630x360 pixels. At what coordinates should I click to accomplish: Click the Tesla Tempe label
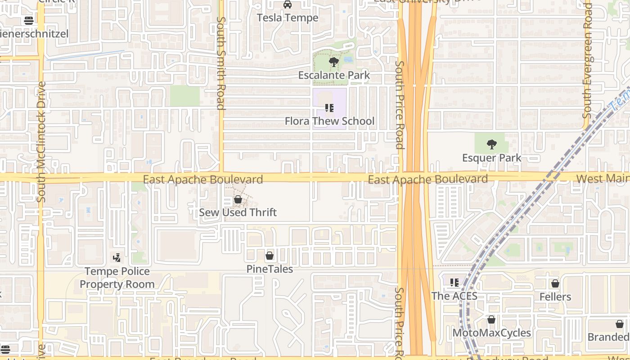point(288,18)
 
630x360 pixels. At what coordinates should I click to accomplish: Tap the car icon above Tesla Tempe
point(288,5)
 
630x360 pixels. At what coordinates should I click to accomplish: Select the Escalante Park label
point(334,75)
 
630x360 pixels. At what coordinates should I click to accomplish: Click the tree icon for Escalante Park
point(334,62)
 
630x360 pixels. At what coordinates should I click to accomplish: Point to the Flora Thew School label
point(329,121)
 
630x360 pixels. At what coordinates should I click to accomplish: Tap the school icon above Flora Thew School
point(329,108)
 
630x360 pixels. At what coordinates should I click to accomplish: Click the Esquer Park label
point(492,158)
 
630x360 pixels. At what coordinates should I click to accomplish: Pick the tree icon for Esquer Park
point(492,145)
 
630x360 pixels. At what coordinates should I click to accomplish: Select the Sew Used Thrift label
point(238,212)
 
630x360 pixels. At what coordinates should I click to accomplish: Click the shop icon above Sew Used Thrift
point(238,199)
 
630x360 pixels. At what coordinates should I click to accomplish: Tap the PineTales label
point(270,269)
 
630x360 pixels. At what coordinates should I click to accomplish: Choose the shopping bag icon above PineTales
point(270,256)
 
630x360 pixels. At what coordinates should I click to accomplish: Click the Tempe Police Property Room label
point(117,278)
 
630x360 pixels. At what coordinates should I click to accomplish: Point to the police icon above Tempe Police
point(117,258)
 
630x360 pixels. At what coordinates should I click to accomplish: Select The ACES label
point(454,296)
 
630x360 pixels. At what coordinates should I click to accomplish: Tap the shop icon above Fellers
point(555,284)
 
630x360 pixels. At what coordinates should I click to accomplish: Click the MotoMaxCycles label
point(491,333)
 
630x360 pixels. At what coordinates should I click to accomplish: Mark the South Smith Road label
point(220,63)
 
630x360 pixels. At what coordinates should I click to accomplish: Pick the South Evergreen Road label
point(587,61)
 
